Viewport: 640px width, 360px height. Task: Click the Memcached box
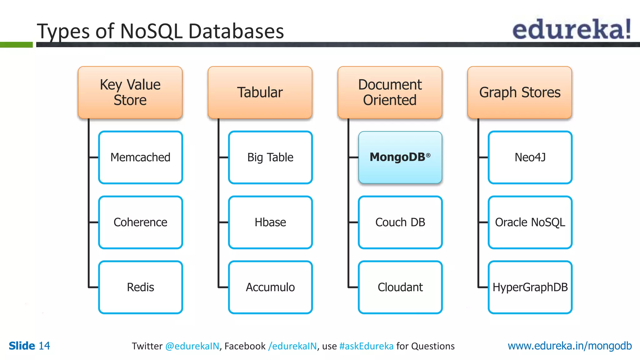pos(140,157)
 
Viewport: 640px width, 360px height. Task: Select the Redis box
pos(140,287)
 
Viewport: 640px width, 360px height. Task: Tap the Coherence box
pos(140,222)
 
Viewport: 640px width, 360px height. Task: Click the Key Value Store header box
pos(130,92)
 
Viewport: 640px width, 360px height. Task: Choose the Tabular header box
pos(260,92)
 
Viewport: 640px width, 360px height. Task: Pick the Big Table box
pos(270,157)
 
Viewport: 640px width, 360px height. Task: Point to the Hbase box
pos(270,222)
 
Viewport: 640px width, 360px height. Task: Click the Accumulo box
pos(270,287)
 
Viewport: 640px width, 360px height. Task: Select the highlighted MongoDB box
pos(400,157)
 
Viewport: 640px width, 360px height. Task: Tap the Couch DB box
pos(400,222)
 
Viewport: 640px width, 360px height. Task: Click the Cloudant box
pos(400,287)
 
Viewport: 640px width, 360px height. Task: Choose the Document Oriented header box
pos(390,92)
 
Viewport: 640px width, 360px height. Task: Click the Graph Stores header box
pos(520,92)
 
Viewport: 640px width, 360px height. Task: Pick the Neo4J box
pos(530,157)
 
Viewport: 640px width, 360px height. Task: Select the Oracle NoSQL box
pos(530,222)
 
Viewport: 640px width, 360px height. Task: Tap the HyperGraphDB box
pos(530,287)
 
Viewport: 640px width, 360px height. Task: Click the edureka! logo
pos(572,29)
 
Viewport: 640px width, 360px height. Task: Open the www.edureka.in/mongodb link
pos(569,346)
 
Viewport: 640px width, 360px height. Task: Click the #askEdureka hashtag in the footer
pos(366,346)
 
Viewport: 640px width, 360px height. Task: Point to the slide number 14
pos(44,346)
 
